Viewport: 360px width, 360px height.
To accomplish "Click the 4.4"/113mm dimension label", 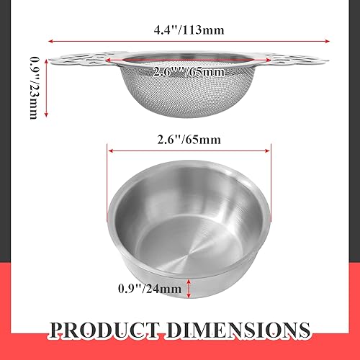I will coord(188,31).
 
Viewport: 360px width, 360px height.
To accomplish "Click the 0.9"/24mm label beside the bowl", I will coord(150,289).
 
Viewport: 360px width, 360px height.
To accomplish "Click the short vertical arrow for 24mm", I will coord(189,287).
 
